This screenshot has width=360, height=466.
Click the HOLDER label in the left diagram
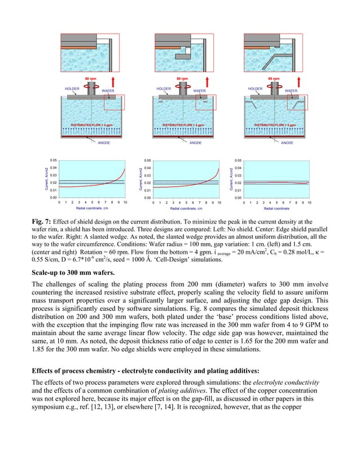tap(72, 89)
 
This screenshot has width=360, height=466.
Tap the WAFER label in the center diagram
tap(199, 90)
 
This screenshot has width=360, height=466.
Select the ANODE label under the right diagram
tap(287, 143)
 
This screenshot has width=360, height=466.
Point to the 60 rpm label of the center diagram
tap(182, 79)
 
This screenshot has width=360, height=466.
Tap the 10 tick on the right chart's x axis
tap(309, 201)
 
